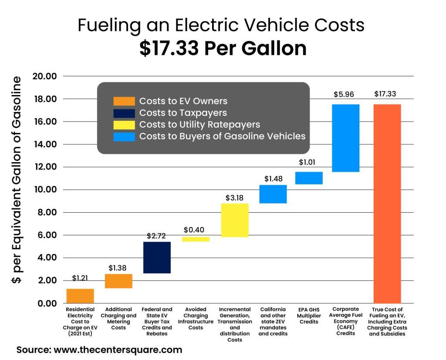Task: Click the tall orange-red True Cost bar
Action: coord(387,204)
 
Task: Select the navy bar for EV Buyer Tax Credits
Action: coord(157,257)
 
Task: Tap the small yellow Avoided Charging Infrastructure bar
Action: coord(196,239)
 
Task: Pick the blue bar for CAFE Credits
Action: coord(345,138)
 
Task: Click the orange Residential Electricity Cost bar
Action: coord(80,295)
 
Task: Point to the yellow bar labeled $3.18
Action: coord(234,220)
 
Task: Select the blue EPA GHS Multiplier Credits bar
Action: coord(309,178)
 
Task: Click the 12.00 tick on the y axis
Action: coord(44,167)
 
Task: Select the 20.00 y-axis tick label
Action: coord(44,76)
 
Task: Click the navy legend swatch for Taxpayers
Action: coord(124,113)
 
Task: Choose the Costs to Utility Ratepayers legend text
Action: coord(199,125)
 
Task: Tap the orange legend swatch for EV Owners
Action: coord(124,101)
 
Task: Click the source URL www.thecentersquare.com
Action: coord(117,350)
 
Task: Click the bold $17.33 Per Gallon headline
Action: coord(223,48)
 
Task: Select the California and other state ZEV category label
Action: coord(273,321)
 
